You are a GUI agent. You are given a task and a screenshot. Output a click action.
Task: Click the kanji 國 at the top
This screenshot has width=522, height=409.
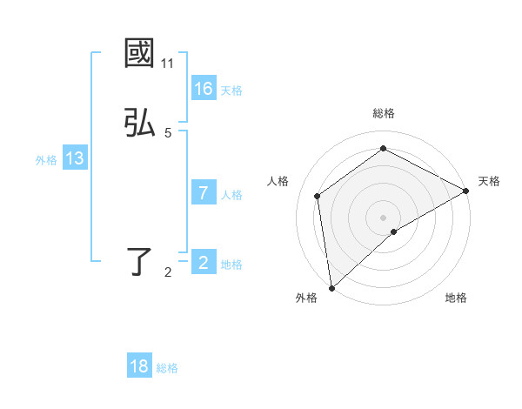click(139, 54)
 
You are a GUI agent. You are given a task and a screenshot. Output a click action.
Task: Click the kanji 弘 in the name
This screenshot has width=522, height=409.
click(139, 124)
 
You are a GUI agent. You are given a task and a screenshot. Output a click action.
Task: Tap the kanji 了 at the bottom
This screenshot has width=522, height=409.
click(139, 262)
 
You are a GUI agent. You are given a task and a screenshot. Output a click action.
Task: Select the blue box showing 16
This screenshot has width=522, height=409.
click(204, 89)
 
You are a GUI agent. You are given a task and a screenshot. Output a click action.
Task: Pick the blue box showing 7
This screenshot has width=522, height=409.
click(204, 193)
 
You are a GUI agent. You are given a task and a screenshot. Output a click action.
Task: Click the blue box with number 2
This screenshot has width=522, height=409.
click(204, 263)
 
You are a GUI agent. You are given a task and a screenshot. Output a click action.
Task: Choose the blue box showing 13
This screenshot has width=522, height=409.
click(75, 158)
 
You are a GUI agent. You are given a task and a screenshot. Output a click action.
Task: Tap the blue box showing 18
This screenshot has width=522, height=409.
click(139, 366)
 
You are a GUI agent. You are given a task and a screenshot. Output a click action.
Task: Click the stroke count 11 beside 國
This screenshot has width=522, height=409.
click(167, 64)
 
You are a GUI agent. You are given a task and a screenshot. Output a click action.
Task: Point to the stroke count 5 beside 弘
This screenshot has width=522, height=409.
click(168, 133)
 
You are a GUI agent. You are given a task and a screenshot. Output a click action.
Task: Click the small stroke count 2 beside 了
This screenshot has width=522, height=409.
click(168, 272)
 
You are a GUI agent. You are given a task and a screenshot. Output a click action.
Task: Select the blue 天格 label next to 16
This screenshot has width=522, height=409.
click(231, 90)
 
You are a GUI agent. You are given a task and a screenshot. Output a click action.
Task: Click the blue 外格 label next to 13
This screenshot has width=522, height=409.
click(46, 159)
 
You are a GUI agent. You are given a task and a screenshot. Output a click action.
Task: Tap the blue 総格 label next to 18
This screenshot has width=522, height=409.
click(167, 367)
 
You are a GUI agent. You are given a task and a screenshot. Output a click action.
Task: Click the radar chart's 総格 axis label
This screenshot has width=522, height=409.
click(383, 113)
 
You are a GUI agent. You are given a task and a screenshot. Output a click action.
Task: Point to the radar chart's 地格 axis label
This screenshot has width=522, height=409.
click(456, 298)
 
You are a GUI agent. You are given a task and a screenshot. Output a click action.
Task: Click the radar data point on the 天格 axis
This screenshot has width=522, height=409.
click(466, 191)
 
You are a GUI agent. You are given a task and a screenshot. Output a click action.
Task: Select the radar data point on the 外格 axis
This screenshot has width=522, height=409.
click(331, 287)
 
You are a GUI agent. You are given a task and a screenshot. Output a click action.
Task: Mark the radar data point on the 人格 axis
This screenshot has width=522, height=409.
click(318, 196)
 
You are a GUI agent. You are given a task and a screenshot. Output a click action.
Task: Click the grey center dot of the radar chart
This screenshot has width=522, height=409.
click(383, 217)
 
